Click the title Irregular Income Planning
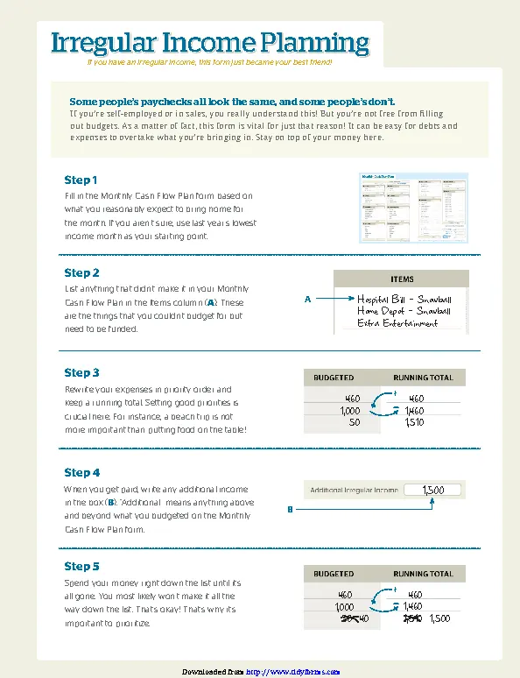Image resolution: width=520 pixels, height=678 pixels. pyautogui.click(x=210, y=43)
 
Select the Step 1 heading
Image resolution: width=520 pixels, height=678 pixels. pyautogui.click(x=81, y=180)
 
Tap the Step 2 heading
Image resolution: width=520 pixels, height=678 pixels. pyautogui.click(x=81, y=272)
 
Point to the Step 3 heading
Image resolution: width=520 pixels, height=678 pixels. pyautogui.click(x=81, y=372)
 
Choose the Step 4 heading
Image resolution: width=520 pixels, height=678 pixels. pyautogui.click(x=81, y=472)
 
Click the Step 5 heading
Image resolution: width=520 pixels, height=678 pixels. pyautogui.click(x=81, y=566)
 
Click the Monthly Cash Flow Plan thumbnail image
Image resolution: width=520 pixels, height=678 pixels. pyautogui.click(x=413, y=208)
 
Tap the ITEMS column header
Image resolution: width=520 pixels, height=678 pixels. pyautogui.click(x=402, y=279)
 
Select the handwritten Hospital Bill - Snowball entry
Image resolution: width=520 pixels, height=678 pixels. pyautogui.click(x=404, y=299)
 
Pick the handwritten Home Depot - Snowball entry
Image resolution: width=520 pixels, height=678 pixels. pyautogui.click(x=404, y=310)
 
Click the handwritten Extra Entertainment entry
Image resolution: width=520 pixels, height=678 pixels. pyautogui.click(x=397, y=322)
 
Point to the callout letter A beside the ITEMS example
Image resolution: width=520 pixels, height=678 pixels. pyautogui.click(x=307, y=300)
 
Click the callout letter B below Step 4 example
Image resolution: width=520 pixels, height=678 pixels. pyautogui.click(x=290, y=509)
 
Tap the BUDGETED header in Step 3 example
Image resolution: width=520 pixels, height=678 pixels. pyautogui.click(x=334, y=378)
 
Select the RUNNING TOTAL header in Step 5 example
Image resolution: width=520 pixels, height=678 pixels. pyautogui.click(x=423, y=574)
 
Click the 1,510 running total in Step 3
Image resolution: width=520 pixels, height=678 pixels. pyautogui.click(x=414, y=422)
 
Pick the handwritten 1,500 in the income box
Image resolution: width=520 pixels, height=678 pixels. pyautogui.click(x=433, y=490)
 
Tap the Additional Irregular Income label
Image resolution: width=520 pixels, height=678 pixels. pyautogui.click(x=354, y=491)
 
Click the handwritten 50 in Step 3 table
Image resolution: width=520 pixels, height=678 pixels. pyautogui.click(x=354, y=422)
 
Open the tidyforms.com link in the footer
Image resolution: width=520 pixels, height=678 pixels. pyautogui.click(x=292, y=671)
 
